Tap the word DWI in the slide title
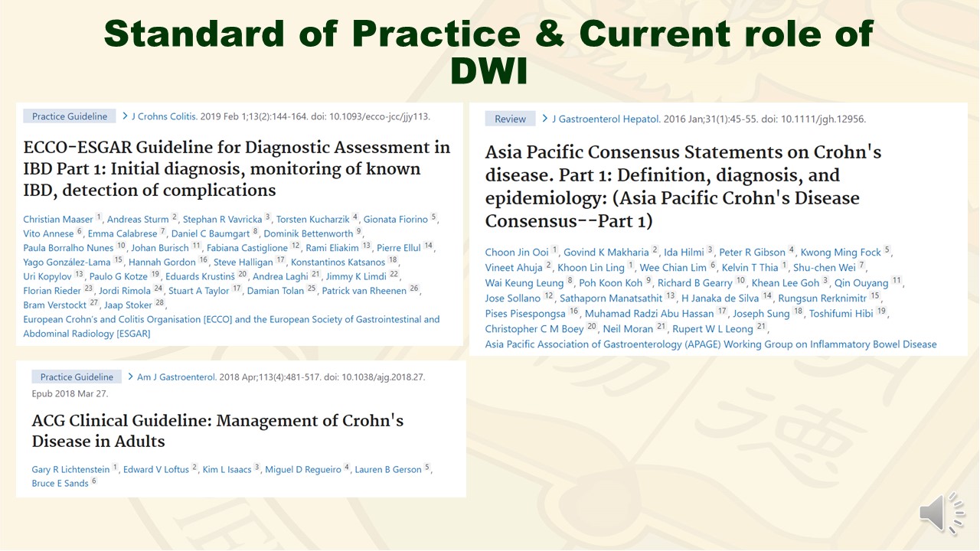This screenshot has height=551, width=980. coord(489,71)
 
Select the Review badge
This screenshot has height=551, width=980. coord(510,119)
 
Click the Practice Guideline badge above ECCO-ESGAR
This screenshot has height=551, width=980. coord(70,116)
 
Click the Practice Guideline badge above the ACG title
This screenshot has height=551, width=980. coord(77,377)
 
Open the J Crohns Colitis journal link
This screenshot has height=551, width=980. coord(164,116)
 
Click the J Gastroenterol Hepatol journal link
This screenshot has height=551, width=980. coord(606,119)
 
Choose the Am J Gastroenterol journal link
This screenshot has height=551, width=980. coord(177,377)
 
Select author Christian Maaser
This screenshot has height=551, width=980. coord(58,219)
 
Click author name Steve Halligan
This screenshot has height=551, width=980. coord(243,262)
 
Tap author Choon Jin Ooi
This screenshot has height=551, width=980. coord(517,253)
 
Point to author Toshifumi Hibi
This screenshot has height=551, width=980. coord(841,314)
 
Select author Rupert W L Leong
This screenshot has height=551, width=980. coord(713,329)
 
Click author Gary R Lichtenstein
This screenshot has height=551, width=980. coord(70,469)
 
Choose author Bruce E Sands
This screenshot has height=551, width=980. coord(60,483)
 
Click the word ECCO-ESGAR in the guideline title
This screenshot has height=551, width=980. coord(77,148)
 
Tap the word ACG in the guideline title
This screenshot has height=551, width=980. coord(47,421)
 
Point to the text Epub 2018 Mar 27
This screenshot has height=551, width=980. coord(70,393)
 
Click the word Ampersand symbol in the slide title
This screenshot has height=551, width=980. coord(550,34)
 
